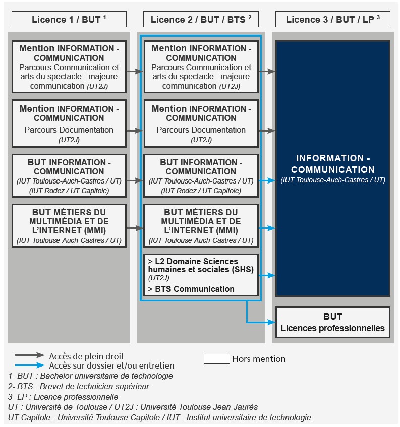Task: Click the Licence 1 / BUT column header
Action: click(x=69, y=19)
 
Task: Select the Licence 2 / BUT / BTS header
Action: click(x=201, y=19)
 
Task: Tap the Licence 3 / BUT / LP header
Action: click(x=332, y=19)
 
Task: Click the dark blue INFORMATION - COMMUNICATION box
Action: click(x=332, y=168)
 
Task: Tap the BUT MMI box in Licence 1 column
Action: click(x=69, y=225)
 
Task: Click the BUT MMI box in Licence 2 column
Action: click(x=201, y=225)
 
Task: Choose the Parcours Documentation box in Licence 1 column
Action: click(x=69, y=123)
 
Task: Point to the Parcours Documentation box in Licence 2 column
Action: click(x=201, y=123)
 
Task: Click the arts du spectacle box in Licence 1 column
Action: click(x=69, y=67)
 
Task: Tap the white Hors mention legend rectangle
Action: click(x=216, y=359)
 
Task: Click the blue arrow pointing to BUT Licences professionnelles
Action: click(x=262, y=321)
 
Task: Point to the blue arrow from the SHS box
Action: click(x=268, y=275)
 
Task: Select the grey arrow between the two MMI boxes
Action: click(x=134, y=228)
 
